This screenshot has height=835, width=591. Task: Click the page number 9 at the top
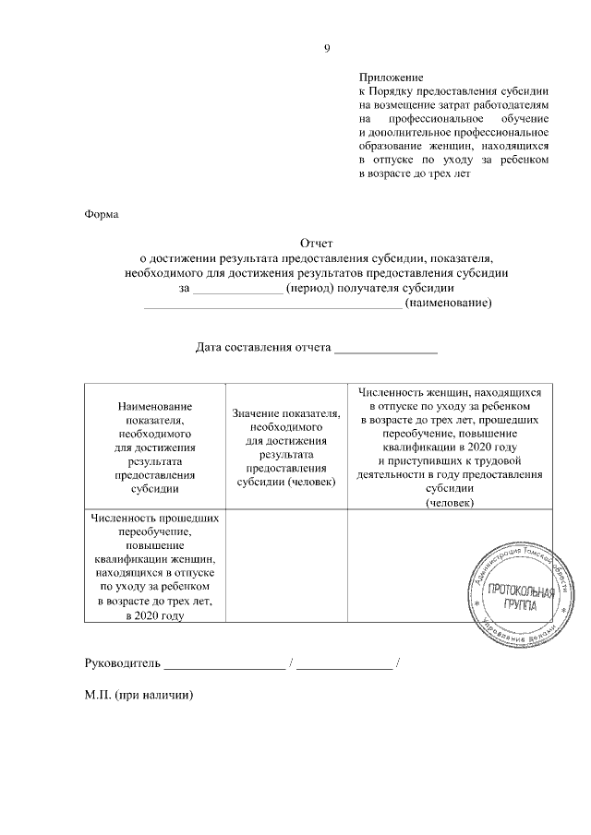pyautogui.click(x=327, y=49)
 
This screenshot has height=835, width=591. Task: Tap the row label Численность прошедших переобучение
pyautogui.click(x=155, y=568)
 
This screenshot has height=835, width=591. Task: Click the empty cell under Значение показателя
pyautogui.click(x=286, y=568)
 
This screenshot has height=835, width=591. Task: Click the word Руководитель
pyautogui.click(x=123, y=662)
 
